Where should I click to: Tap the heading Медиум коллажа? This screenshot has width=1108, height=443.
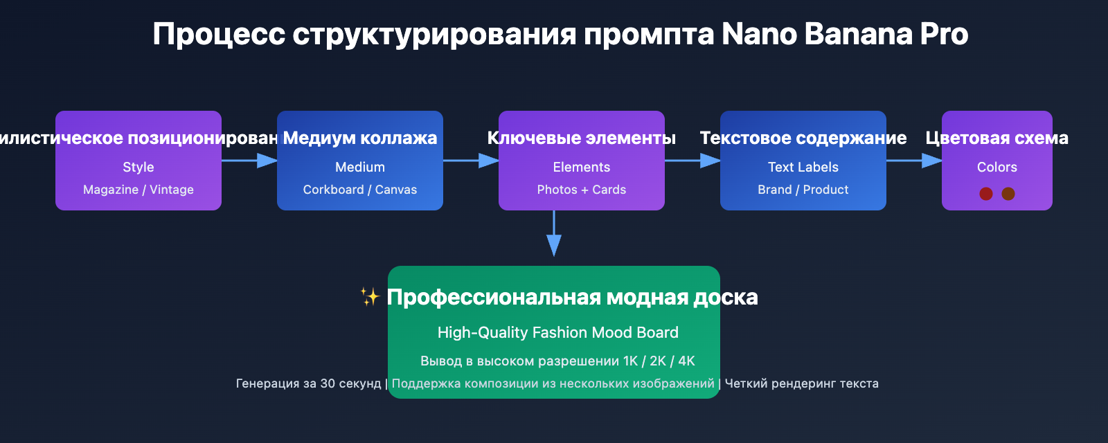tap(360, 138)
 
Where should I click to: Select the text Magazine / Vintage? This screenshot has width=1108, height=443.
tap(138, 190)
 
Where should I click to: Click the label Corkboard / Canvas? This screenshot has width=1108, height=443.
tap(360, 190)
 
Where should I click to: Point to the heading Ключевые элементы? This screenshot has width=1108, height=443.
tap(582, 138)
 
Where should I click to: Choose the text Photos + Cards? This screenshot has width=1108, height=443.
tap(582, 190)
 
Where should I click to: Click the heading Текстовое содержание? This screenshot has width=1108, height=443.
tap(803, 138)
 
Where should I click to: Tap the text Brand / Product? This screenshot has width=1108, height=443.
tap(803, 190)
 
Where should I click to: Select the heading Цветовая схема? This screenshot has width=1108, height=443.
tap(997, 138)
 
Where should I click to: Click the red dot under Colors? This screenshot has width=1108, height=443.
tap(986, 194)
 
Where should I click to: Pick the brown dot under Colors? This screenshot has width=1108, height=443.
tap(1008, 194)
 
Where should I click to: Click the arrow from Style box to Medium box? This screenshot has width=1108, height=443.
tap(249, 161)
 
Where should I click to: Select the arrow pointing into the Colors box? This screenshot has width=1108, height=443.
tap(914, 161)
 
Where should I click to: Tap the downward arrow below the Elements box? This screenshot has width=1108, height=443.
tap(554, 235)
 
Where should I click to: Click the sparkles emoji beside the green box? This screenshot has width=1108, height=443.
tap(370, 297)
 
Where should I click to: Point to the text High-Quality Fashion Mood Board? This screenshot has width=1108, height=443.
tap(558, 332)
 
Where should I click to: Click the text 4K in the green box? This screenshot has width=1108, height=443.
tap(686, 361)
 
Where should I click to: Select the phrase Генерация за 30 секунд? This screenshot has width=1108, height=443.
tap(308, 383)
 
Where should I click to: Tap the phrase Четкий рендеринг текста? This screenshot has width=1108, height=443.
tap(801, 383)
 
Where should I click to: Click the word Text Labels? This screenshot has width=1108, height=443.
tap(803, 167)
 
